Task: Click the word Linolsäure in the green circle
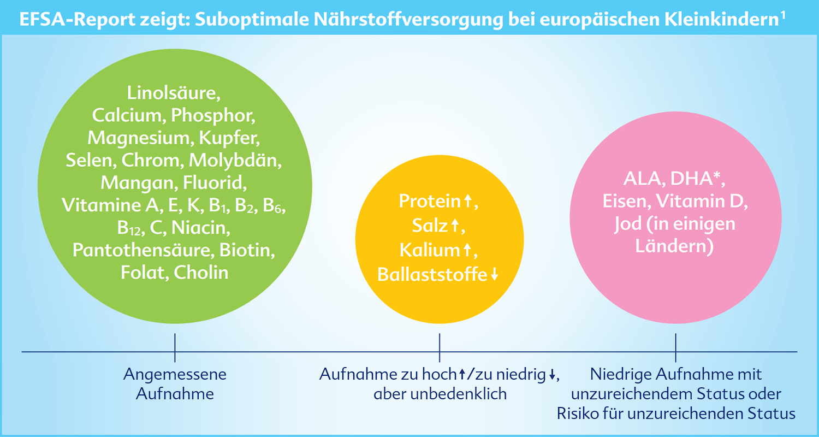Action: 172,93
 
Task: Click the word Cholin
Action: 201,273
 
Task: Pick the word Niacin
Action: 200,227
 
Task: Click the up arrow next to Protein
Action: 467,201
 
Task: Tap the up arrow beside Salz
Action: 455,225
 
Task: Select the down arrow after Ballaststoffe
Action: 494,274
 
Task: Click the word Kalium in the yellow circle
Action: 429,250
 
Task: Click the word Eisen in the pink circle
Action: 626,201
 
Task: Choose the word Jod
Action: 628,225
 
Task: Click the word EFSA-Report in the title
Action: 77,19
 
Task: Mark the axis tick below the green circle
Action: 175,347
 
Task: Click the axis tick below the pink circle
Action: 675,347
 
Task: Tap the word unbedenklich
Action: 459,394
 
